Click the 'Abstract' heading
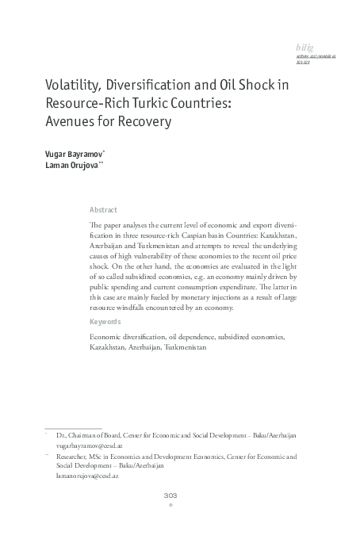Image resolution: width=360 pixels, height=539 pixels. click(x=103, y=210)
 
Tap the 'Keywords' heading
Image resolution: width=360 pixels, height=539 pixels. click(x=105, y=322)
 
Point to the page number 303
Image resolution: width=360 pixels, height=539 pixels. click(x=170, y=495)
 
